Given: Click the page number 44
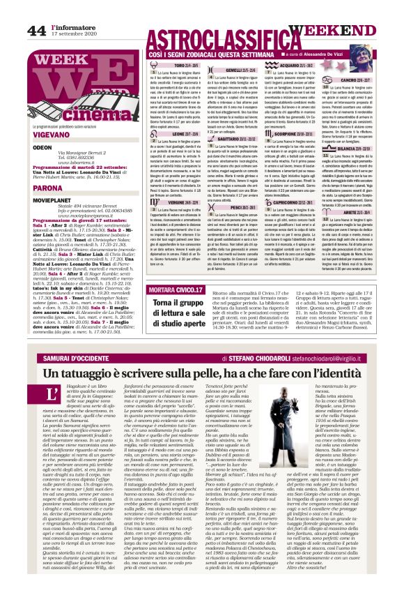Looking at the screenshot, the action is click(x=36, y=30).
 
